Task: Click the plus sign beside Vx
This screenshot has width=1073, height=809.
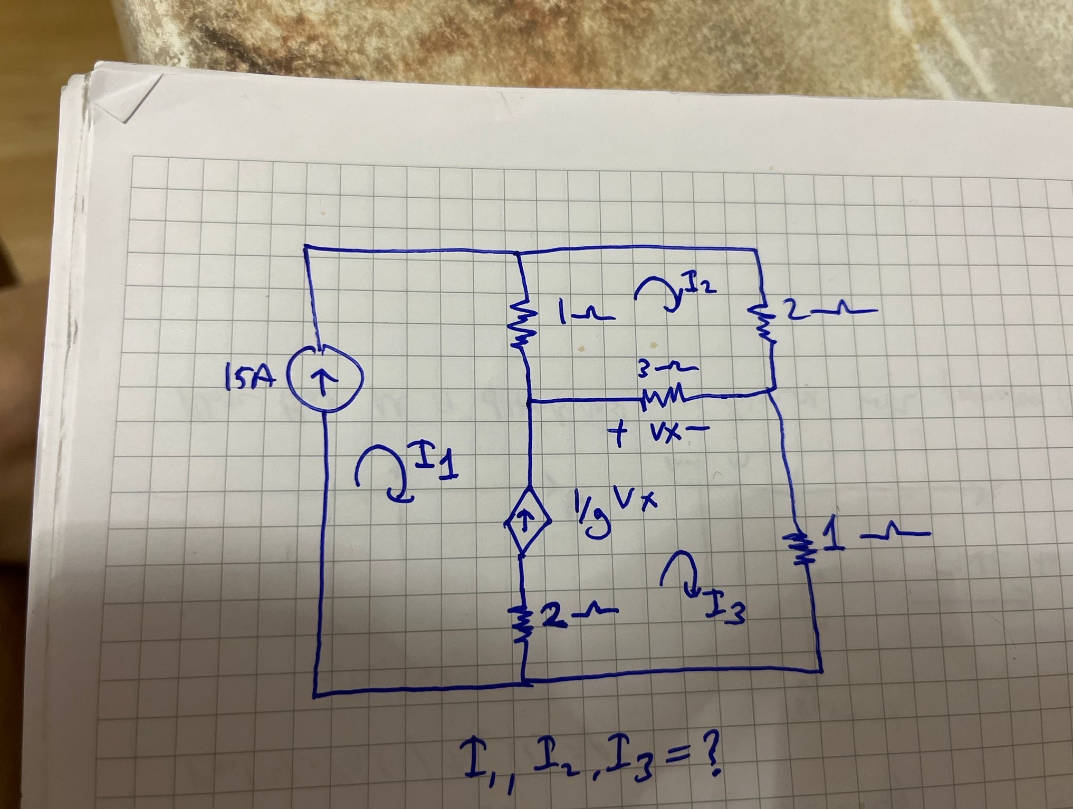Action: point(618,436)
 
